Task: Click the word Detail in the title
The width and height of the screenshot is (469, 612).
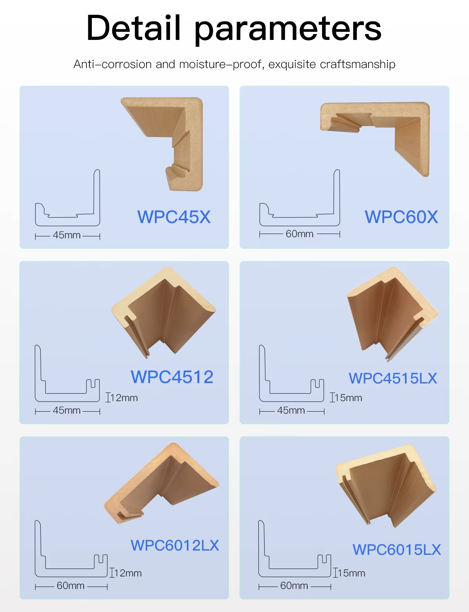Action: click(x=133, y=28)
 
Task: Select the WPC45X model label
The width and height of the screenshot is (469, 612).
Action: click(x=174, y=217)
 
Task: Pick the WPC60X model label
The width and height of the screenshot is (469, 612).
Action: click(x=401, y=217)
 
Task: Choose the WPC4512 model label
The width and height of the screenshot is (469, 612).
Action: click(x=172, y=377)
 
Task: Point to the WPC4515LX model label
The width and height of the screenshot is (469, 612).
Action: click(x=393, y=378)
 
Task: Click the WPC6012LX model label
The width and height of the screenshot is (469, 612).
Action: click(x=175, y=545)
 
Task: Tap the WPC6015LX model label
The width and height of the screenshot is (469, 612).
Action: click(x=397, y=549)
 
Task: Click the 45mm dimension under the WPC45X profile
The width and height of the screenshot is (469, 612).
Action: click(x=67, y=235)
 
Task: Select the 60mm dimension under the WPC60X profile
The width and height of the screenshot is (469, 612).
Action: click(x=299, y=234)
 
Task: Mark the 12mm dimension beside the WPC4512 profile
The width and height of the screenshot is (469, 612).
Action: click(x=124, y=398)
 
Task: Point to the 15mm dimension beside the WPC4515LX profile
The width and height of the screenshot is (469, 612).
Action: click(x=348, y=398)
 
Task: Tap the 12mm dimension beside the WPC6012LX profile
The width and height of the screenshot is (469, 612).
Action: click(x=128, y=573)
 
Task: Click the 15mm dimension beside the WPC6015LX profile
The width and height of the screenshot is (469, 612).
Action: click(x=351, y=573)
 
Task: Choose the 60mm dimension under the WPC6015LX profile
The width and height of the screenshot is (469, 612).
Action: click(x=294, y=586)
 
